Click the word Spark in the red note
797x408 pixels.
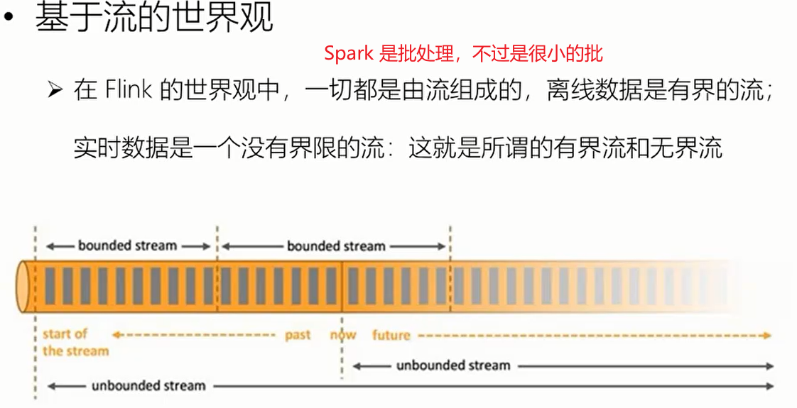(349, 53)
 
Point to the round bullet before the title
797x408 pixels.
(9, 18)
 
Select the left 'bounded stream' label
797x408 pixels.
(127, 246)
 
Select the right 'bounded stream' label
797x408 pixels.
(336, 246)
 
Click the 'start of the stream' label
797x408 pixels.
(75, 342)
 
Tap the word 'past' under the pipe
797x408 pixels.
(298, 334)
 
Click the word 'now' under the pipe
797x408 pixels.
(343, 334)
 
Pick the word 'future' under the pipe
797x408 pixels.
(391, 334)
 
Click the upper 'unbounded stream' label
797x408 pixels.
(453, 365)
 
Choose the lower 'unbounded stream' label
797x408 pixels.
(148, 386)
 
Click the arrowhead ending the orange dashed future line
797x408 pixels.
(767, 335)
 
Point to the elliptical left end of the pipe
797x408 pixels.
(25, 287)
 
